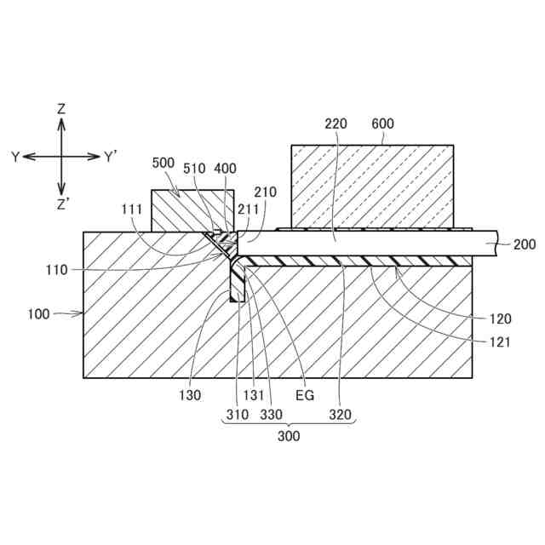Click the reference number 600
point(383,123)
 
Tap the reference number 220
point(336,123)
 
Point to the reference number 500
point(163,163)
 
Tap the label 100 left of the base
point(38,313)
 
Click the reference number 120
point(501,319)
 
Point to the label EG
point(304,396)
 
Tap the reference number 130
point(190,396)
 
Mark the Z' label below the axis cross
point(62,204)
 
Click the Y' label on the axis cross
point(112,157)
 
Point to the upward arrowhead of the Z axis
point(61,123)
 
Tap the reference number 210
point(265,192)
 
